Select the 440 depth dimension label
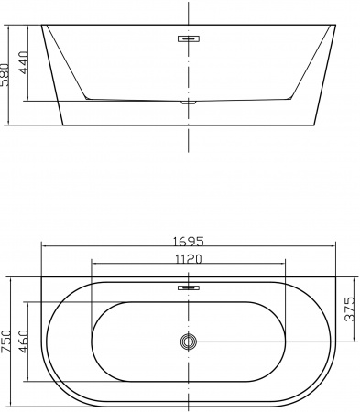(25, 61)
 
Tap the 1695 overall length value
(188, 242)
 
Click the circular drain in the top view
(188, 342)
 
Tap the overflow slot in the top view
(188, 287)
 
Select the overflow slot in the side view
(188, 39)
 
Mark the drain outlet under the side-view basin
(188, 102)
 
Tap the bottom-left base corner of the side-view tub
(62, 125)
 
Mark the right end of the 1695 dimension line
(336, 248)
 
